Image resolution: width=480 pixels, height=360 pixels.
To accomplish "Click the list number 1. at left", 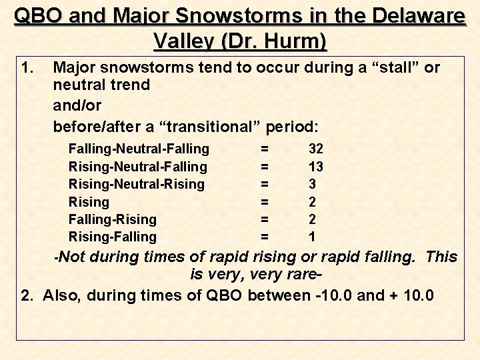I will [28, 67].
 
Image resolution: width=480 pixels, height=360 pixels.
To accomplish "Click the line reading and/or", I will [77, 105].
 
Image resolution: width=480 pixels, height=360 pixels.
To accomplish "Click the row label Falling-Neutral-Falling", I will [139, 149].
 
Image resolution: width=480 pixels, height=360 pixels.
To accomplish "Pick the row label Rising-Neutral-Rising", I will [137, 184].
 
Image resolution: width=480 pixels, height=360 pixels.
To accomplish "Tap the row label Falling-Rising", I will [113, 219].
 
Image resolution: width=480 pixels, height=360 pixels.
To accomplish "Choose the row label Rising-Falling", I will [113, 237].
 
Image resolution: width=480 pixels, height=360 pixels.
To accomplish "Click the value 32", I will [315, 149].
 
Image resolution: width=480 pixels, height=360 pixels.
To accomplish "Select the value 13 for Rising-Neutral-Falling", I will [315, 167].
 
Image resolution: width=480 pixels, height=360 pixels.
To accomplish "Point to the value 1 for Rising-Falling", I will [312, 237].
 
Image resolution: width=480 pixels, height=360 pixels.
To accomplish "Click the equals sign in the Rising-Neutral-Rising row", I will [265, 184].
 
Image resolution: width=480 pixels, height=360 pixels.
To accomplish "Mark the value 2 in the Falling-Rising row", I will [312, 219].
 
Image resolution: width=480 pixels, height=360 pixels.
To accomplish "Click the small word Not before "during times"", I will [74, 257].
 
